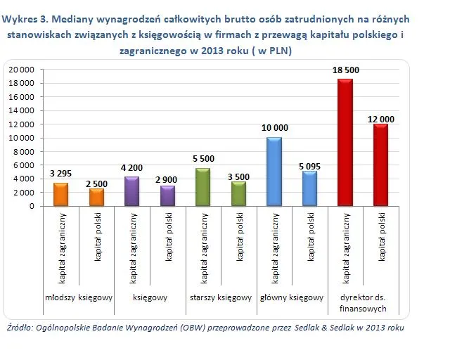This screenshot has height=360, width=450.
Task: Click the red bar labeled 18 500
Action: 345,143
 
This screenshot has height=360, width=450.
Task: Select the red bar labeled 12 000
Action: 380,165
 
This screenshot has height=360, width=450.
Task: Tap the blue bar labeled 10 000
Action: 274,172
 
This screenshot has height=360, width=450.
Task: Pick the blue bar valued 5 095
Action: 309,188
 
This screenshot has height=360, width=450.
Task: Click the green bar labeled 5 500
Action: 203,187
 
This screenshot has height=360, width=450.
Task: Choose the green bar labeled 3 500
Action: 238,194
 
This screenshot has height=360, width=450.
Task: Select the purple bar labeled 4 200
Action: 132,191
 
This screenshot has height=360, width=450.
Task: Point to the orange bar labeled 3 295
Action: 61,194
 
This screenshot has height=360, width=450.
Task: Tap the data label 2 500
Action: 96,184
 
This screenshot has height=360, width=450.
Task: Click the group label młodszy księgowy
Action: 79,297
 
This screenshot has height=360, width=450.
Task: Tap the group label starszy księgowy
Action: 221,297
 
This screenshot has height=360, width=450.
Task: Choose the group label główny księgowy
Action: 291,297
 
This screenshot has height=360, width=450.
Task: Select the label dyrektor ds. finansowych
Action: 363,302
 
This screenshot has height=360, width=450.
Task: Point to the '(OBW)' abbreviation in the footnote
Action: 183,328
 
